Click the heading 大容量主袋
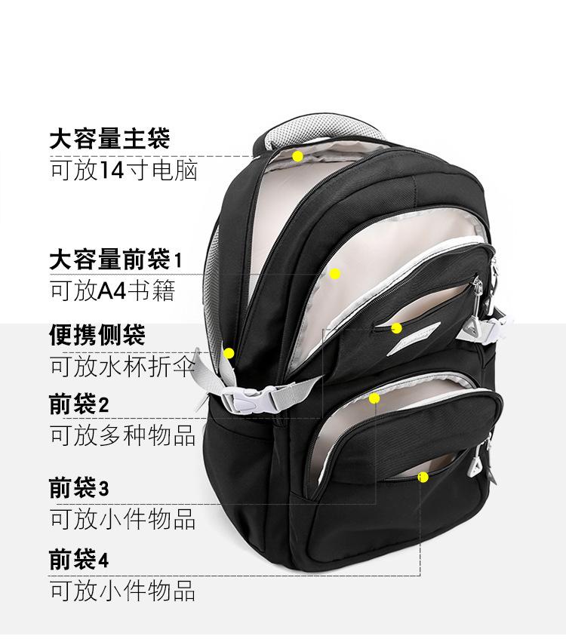click(110, 139)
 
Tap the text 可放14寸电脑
click(124, 170)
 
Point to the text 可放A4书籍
click(112, 292)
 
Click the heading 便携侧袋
click(97, 334)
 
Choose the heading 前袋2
click(79, 405)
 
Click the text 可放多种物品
click(123, 435)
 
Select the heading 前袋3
click(79, 488)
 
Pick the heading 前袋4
click(79, 560)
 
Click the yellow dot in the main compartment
click(298, 156)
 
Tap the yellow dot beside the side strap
click(229, 352)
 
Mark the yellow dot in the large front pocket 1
click(335, 274)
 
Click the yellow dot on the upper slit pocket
click(396, 328)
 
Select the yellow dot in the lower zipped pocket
click(374, 398)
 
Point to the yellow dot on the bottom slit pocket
click(423, 477)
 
